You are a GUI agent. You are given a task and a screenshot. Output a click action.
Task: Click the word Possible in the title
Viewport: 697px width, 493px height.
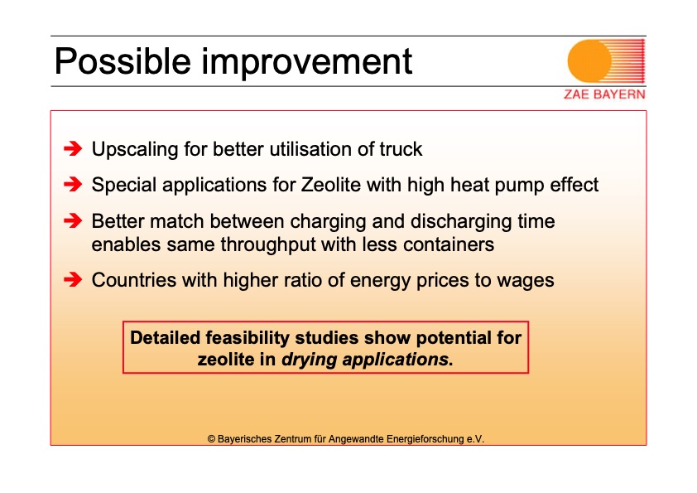click(123, 62)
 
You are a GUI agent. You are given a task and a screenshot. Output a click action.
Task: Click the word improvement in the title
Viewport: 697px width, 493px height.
click(307, 62)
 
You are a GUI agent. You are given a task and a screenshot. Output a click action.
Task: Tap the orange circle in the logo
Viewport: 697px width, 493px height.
click(590, 61)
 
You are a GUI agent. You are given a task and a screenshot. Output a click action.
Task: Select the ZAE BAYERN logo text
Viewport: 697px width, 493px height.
click(604, 94)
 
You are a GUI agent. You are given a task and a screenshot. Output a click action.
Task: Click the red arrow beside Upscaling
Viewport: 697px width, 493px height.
click(73, 148)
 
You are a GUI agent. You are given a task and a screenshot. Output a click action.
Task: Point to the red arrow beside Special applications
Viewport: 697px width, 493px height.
click(73, 184)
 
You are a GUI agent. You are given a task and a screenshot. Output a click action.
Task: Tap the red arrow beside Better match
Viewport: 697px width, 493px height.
click(73, 220)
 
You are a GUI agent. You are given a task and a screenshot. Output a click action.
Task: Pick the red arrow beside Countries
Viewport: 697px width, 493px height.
click(73, 280)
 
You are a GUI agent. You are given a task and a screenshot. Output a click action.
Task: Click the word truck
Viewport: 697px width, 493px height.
click(401, 149)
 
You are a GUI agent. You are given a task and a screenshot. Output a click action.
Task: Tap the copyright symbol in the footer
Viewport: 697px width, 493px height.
click(211, 439)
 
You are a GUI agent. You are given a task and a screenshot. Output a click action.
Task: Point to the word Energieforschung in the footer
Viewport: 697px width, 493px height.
click(425, 439)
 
